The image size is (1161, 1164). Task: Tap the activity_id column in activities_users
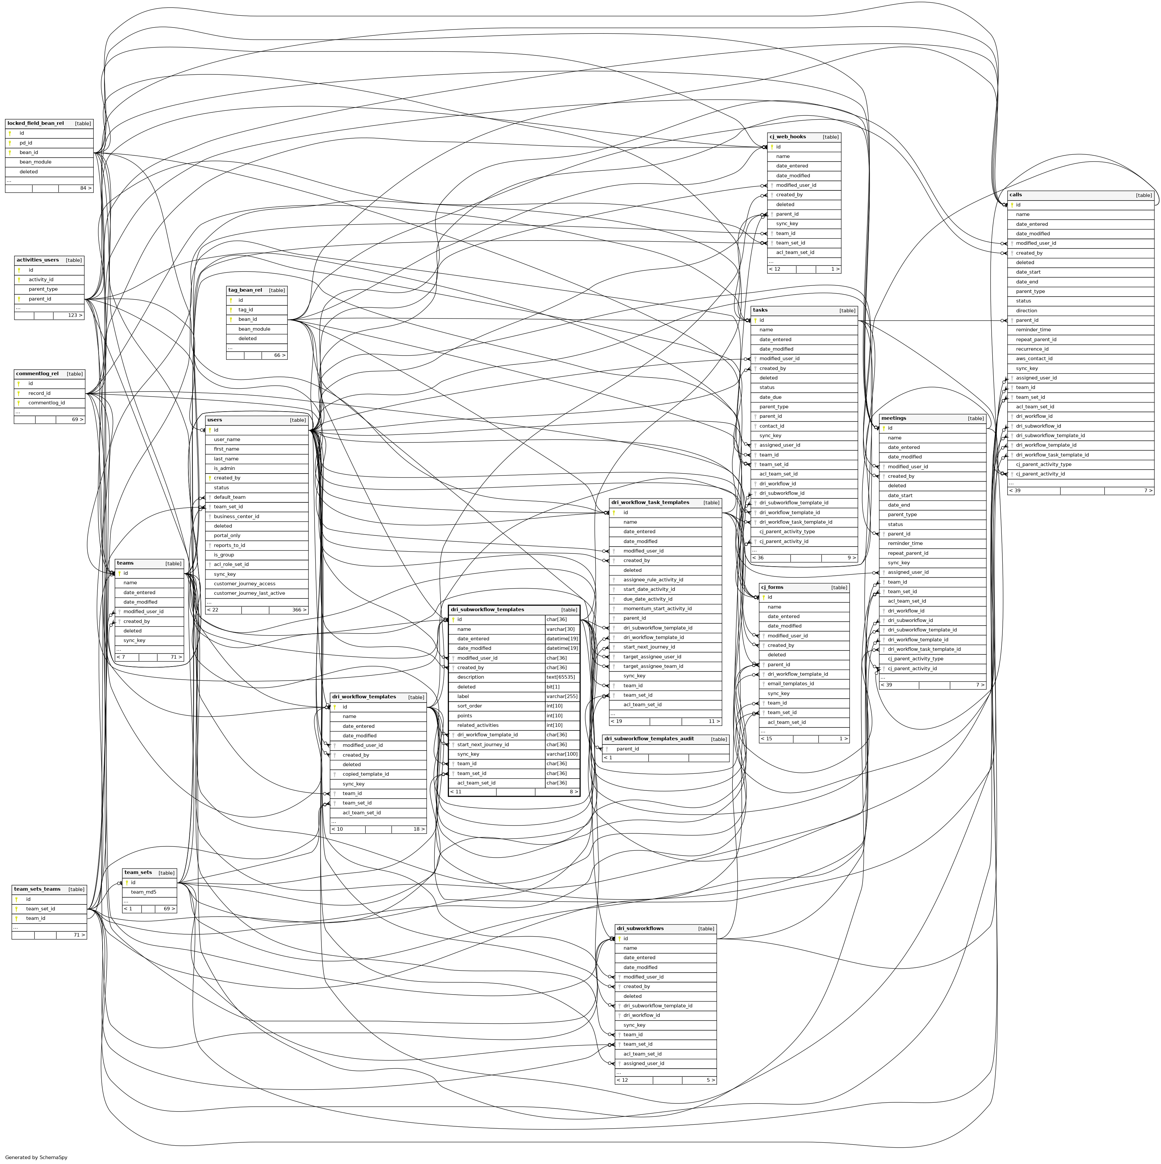pos(41,280)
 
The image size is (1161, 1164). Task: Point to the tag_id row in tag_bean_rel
pos(246,310)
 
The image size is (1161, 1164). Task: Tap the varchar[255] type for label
pos(562,696)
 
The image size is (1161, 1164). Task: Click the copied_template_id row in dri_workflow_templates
pos(366,774)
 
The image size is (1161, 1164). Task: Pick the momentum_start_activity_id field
pos(657,609)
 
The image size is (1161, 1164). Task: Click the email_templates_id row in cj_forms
pos(790,684)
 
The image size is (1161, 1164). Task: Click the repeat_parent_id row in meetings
pos(908,553)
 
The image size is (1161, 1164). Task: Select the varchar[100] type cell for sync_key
pos(562,754)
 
